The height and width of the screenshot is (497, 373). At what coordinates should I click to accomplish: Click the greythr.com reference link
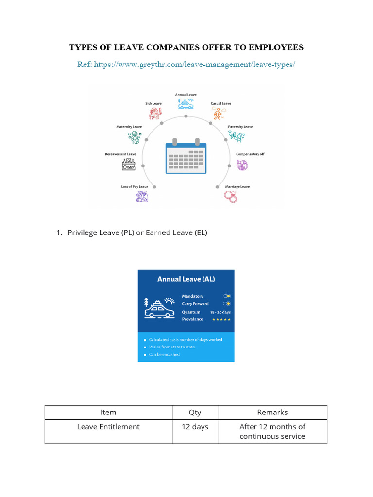[193, 65]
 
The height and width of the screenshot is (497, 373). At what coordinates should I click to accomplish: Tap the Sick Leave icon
[154, 114]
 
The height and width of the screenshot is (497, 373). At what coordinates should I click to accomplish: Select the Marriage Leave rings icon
[230, 196]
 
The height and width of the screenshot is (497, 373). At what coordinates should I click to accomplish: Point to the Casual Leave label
[220, 103]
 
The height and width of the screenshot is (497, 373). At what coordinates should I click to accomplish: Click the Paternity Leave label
[240, 127]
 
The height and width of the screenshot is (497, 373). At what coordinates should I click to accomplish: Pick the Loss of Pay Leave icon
[142, 197]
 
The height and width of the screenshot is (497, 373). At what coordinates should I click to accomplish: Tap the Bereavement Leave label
[120, 154]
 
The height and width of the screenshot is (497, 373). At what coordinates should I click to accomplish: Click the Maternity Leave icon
[134, 137]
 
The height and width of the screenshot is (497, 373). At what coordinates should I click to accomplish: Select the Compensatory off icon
[242, 165]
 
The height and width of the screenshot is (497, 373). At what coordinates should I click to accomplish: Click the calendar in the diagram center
[186, 157]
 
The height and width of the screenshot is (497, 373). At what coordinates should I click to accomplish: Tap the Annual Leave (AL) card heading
[186, 279]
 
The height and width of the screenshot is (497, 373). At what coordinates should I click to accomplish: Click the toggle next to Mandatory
[227, 296]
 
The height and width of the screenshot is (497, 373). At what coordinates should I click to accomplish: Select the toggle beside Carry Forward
[227, 304]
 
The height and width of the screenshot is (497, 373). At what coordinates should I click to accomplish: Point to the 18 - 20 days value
[220, 312]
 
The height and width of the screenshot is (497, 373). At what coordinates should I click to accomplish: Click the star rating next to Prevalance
[221, 319]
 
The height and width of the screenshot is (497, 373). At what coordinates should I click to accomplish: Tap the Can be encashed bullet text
[164, 354]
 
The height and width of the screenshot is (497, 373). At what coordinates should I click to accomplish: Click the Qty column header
[195, 412]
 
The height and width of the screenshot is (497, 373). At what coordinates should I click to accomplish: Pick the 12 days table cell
[195, 427]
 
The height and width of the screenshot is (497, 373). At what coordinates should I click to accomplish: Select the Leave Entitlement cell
[108, 427]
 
